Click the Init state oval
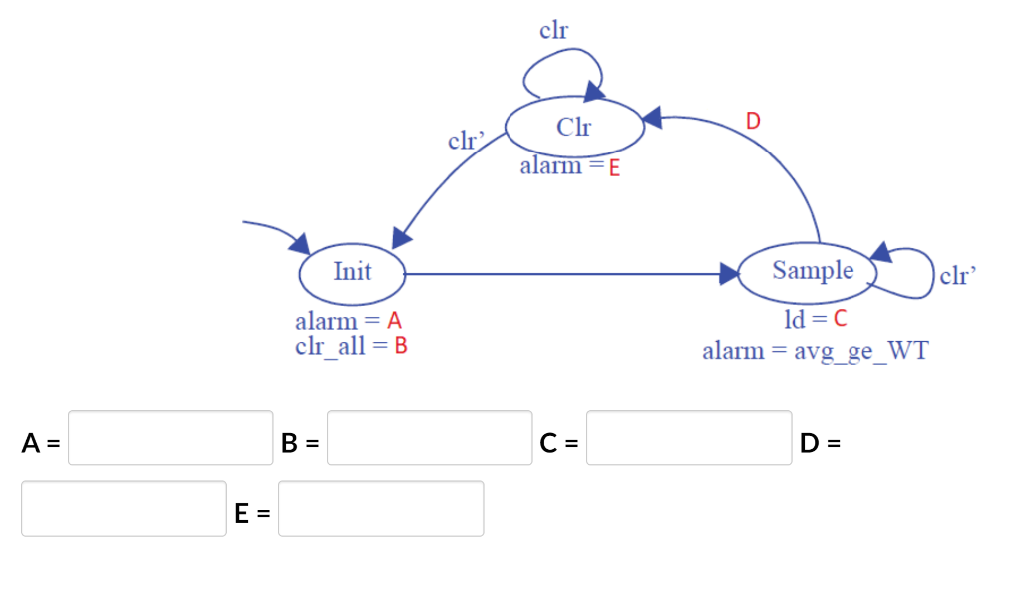[x=352, y=272]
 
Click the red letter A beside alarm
[x=393, y=322]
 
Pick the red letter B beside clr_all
[x=401, y=347]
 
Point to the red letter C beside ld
[x=839, y=320]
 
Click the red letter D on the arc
[x=753, y=122]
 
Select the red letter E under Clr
[x=614, y=168]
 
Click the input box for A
[x=170, y=438]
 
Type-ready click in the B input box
[x=430, y=438]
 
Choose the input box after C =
[x=689, y=438]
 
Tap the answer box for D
[x=124, y=509]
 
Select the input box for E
[x=381, y=509]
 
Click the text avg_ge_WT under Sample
[x=860, y=351]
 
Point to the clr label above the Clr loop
[x=553, y=31]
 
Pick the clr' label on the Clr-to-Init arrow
[x=465, y=141]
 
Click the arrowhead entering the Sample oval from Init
[x=726, y=273]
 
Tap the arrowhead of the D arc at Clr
[x=653, y=119]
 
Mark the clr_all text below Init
[x=329, y=347]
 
